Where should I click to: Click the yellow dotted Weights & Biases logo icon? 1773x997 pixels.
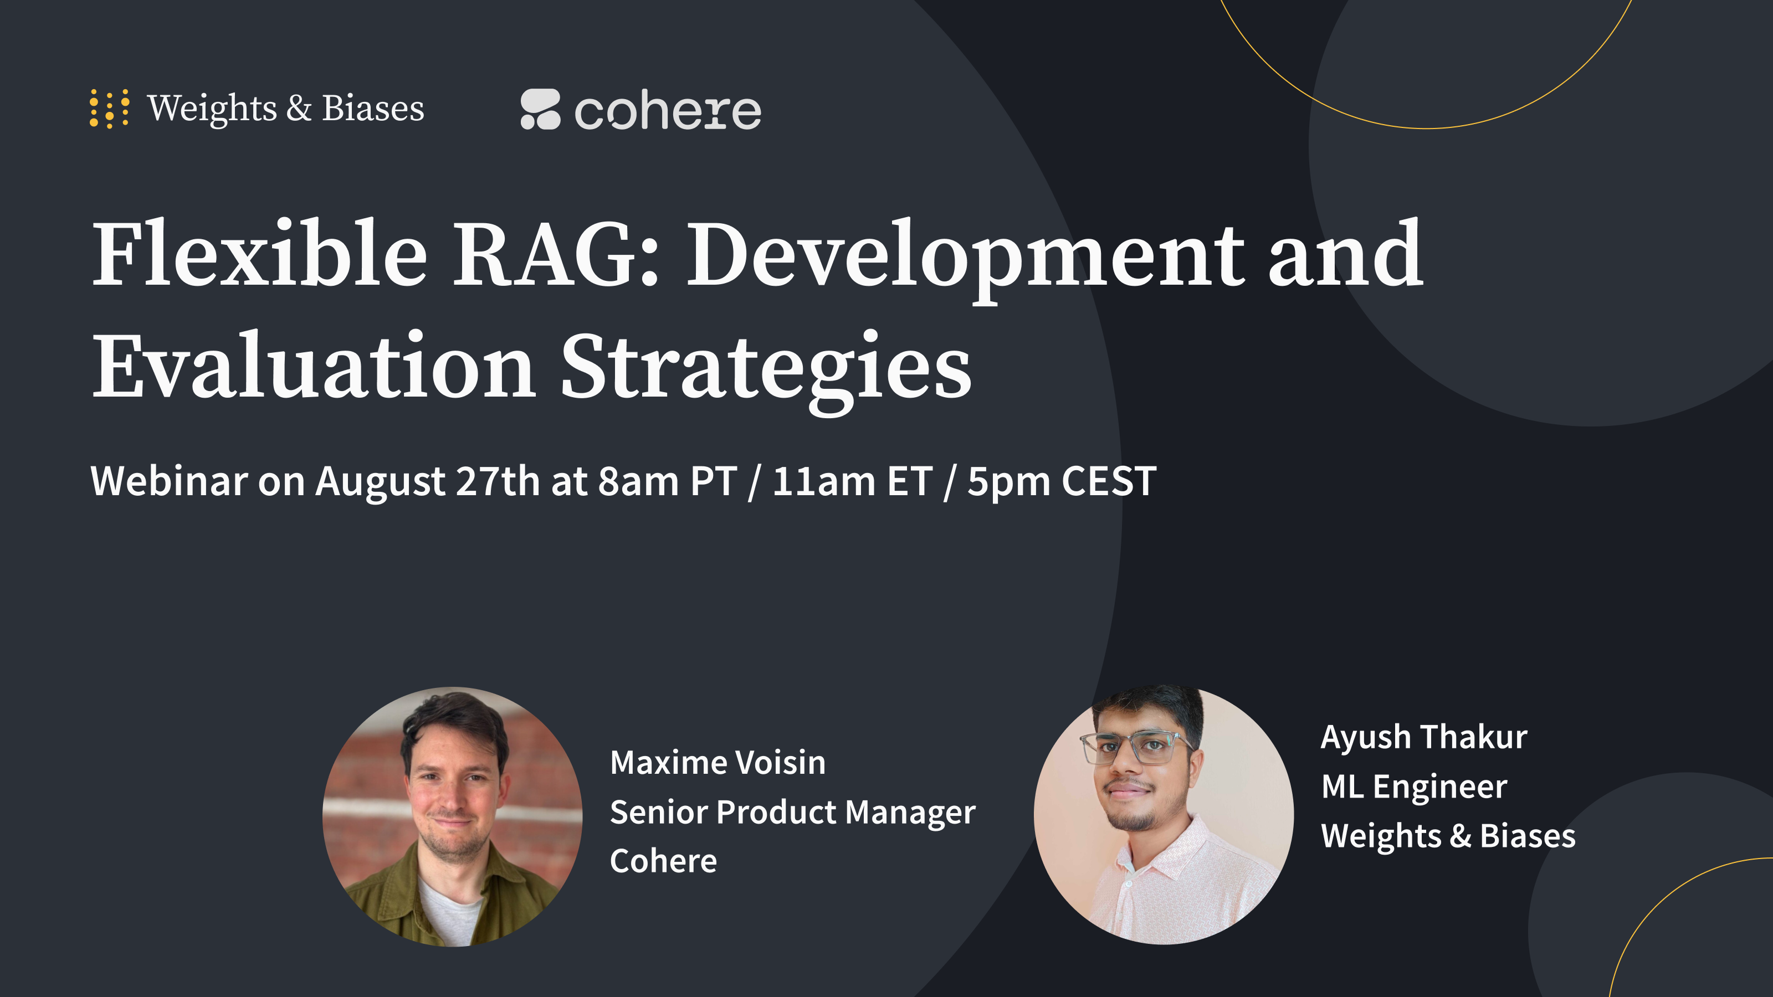109,109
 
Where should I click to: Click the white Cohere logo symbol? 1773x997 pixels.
540,109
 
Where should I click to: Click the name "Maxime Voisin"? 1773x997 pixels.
717,762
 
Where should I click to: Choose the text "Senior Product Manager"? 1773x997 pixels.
792,813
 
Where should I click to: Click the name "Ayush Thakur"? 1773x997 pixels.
1423,737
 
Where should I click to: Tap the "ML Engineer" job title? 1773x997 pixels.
1414,787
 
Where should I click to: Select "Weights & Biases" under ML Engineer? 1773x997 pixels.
1447,836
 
